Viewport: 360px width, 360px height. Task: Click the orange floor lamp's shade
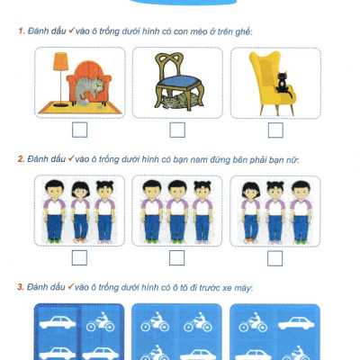click(61, 61)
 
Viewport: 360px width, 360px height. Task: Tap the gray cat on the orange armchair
click(89, 89)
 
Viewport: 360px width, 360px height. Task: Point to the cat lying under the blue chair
click(177, 100)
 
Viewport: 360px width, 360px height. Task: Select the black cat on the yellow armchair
click(283, 84)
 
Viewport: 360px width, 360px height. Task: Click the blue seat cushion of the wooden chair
click(179, 81)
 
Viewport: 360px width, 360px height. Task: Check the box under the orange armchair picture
click(79, 130)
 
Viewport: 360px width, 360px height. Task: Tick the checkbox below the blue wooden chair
click(177, 130)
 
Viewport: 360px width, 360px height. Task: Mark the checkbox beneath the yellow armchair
click(275, 130)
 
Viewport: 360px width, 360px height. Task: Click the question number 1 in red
click(22, 31)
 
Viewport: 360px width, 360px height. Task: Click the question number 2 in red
click(21, 159)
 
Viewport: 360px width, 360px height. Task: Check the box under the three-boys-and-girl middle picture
click(177, 258)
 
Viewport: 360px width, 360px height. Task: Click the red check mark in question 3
click(71, 286)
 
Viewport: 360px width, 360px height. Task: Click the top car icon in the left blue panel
click(58, 322)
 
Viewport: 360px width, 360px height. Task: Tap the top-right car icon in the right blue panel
click(296, 324)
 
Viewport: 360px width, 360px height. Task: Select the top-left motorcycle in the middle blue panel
click(155, 321)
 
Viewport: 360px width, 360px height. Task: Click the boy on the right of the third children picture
click(301, 211)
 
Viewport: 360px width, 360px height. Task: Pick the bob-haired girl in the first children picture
click(80, 211)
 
